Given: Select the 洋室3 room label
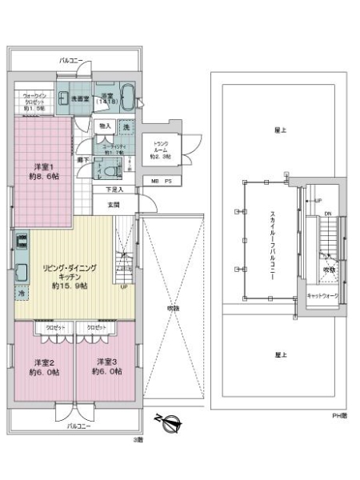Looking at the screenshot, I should (106, 366).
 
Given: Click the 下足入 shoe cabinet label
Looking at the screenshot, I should (114, 190).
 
